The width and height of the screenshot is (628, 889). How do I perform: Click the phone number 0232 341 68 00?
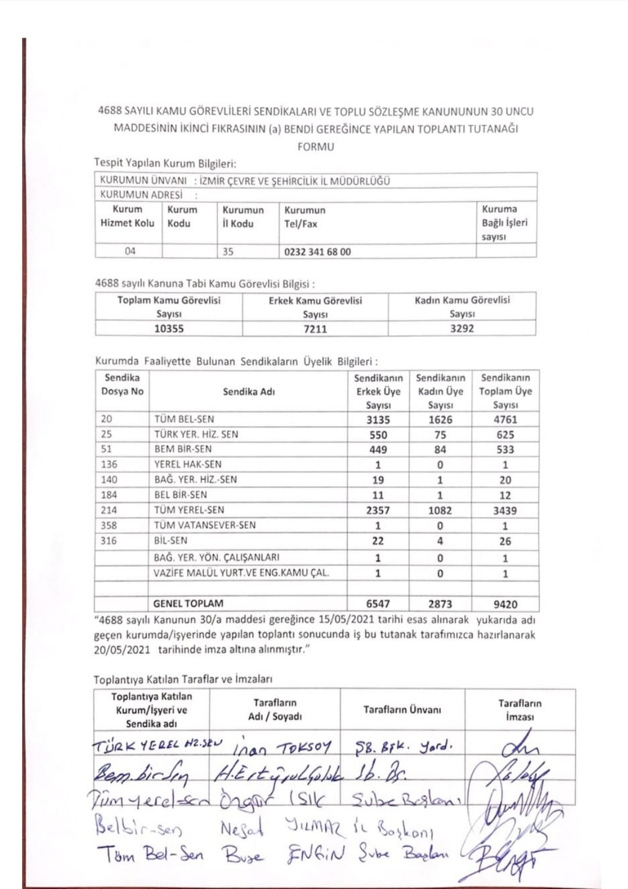[317, 252]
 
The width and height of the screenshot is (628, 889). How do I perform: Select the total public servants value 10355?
[169, 329]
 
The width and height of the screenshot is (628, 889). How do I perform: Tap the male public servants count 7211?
[315, 329]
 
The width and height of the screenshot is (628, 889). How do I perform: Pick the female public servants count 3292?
[462, 328]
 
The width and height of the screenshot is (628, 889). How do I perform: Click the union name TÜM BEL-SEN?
[184, 419]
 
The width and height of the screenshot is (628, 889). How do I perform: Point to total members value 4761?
[505, 420]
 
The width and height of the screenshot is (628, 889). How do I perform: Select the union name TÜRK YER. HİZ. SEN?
[196, 434]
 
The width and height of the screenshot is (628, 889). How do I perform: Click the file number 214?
[109, 510]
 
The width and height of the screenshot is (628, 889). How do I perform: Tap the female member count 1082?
[440, 510]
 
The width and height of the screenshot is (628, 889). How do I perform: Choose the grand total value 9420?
[505, 604]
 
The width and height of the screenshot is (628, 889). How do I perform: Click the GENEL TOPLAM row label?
[188, 604]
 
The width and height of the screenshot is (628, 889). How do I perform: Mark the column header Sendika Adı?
[248, 392]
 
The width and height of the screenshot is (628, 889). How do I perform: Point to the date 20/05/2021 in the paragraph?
[122, 650]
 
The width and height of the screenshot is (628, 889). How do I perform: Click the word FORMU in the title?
[315, 147]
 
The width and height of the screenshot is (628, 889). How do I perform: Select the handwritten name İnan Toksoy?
[283, 747]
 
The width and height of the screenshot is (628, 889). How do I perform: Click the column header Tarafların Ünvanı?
[402, 709]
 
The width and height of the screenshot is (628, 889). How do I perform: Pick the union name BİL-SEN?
[171, 540]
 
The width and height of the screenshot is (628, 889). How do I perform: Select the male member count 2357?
[378, 510]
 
